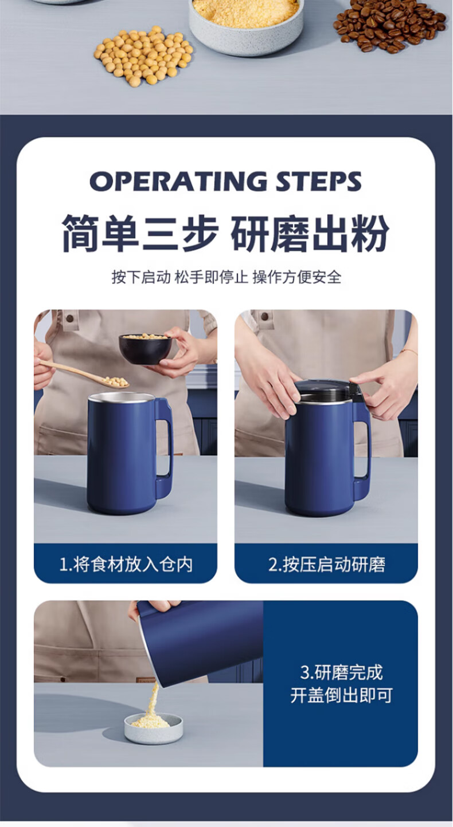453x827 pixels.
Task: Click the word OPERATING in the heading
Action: click(x=178, y=182)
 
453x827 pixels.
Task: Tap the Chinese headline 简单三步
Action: click(x=140, y=234)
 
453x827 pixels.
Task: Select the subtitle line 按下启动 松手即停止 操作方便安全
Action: click(x=226, y=277)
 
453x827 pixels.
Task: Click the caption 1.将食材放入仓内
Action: click(x=126, y=565)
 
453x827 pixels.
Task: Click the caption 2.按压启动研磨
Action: click(x=327, y=565)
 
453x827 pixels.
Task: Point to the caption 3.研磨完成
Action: click(x=341, y=672)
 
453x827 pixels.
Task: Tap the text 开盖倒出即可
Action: click(x=341, y=695)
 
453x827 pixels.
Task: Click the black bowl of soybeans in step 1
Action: click(x=145, y=349)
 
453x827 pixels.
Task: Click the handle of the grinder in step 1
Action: click(x=164, y=446)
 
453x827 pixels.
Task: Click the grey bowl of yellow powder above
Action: click(x=246, y=26)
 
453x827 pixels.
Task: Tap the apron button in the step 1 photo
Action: click(x=69, y=317)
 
